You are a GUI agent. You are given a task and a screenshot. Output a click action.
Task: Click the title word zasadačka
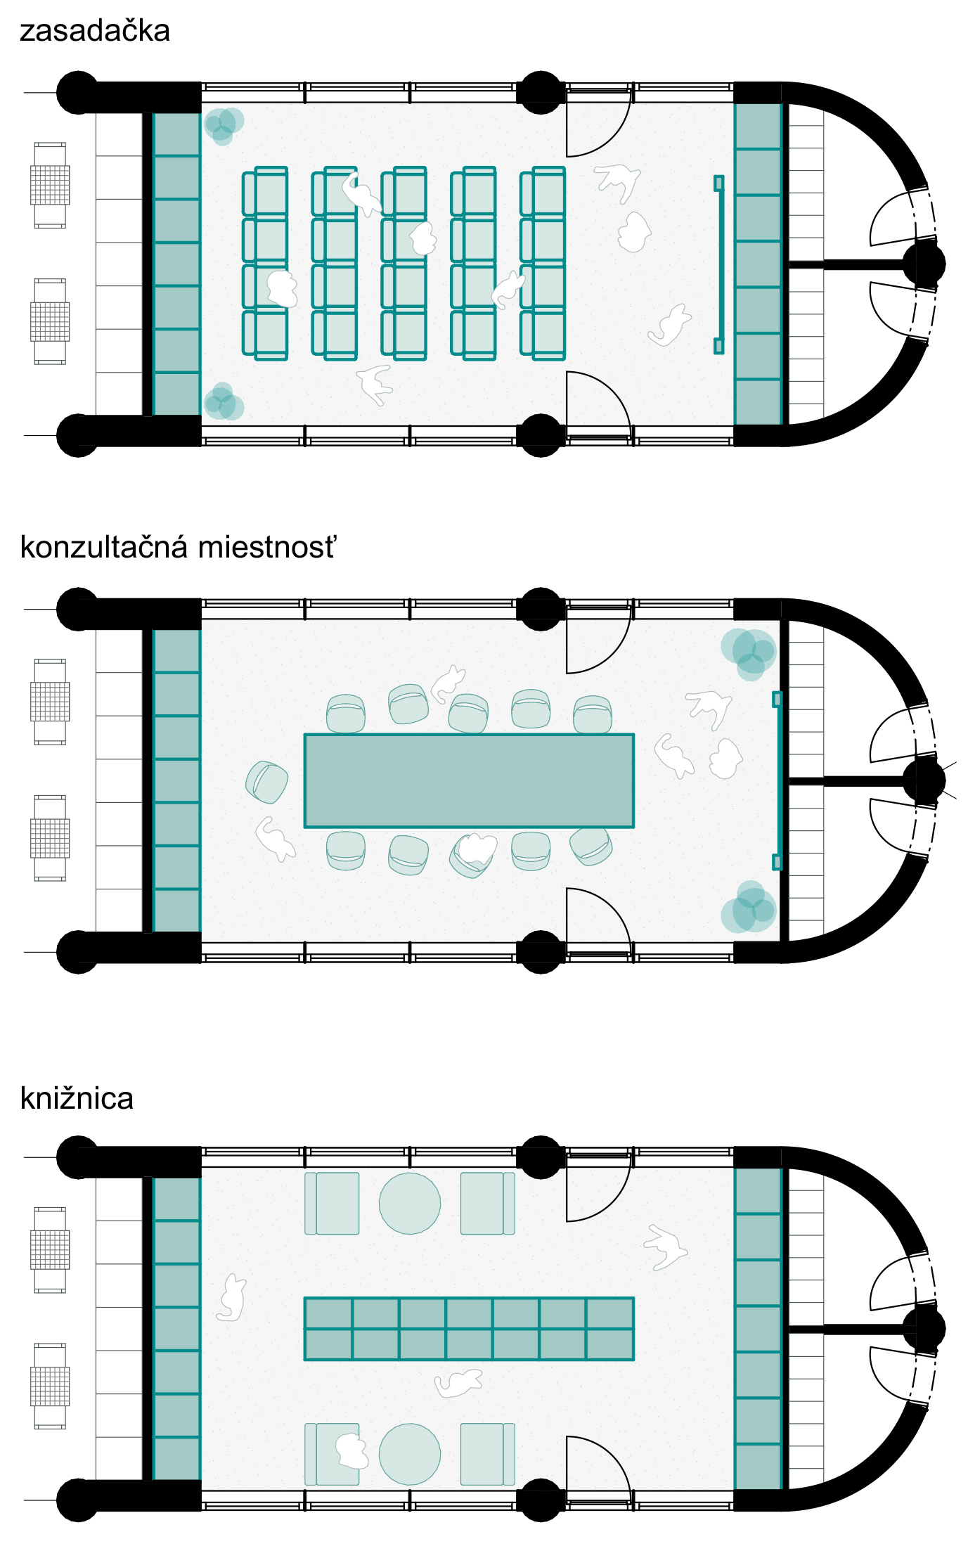tap(95, 32)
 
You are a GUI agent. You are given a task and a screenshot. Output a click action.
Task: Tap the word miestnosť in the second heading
tap(267, 548)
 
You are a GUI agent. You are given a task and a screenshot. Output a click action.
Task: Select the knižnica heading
tap(77, 1098)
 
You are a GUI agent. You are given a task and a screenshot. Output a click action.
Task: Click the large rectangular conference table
tap(469, 780)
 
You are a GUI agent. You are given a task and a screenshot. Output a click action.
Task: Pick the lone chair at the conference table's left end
tap(267, 782)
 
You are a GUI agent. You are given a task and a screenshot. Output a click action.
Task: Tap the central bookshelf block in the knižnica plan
tap(469, 1329)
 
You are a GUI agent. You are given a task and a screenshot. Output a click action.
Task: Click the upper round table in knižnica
tap(410, 1203)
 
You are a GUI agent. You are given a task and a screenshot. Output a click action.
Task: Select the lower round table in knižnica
tap(410, 1454)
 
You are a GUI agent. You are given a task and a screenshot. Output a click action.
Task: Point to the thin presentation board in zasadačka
tap(718, 264)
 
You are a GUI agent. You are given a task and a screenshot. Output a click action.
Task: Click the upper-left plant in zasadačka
tap(224, 125)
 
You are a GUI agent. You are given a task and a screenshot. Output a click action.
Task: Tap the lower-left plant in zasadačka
tap(224, 402)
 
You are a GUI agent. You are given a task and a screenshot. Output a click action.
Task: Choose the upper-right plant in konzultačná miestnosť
tap(749, 652)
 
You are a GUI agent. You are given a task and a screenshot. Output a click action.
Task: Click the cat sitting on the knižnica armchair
tap(351, 1450)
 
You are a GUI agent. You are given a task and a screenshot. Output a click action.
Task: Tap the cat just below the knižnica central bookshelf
tap(458, 1384)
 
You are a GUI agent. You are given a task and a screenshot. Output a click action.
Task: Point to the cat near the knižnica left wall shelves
tap(231, 1297)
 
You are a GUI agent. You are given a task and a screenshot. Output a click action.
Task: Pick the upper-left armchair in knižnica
tap(332, 1203)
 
